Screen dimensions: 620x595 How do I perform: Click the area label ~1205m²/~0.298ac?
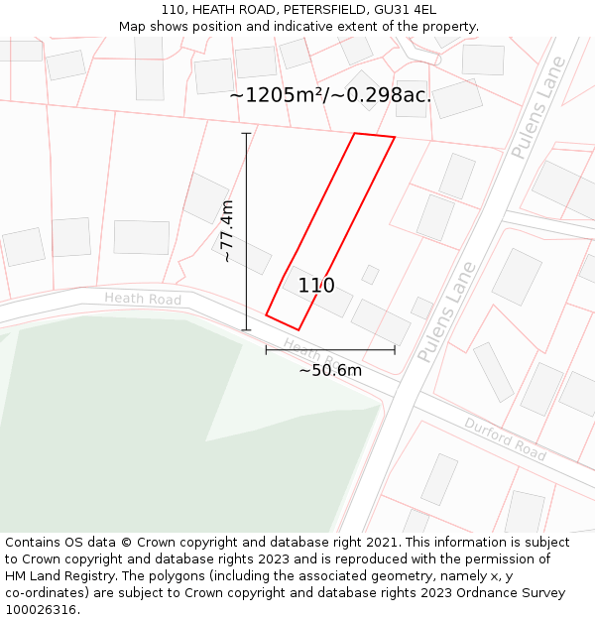[330, 95]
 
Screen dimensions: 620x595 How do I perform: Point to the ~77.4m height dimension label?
[227, 231]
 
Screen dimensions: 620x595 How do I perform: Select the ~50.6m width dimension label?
[330, 370]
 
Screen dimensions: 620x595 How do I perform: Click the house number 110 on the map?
[316, 286]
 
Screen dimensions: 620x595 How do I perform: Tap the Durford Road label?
[505, 438]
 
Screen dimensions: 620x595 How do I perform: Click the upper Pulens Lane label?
[537, 109]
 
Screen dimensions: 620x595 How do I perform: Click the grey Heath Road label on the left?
[143, 299]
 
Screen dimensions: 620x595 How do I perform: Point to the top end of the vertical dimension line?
[246, 133]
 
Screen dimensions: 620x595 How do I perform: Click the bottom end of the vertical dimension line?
[246, 330]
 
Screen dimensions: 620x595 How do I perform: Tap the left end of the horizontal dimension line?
[266, 349]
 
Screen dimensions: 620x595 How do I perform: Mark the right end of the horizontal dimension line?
[395, 349]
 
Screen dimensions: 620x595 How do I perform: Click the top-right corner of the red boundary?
[395, 138]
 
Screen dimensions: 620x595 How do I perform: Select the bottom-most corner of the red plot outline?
[297, 330]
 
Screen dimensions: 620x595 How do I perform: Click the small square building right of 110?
[370, 275]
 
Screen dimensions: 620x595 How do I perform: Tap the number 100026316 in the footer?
[41, 610]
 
